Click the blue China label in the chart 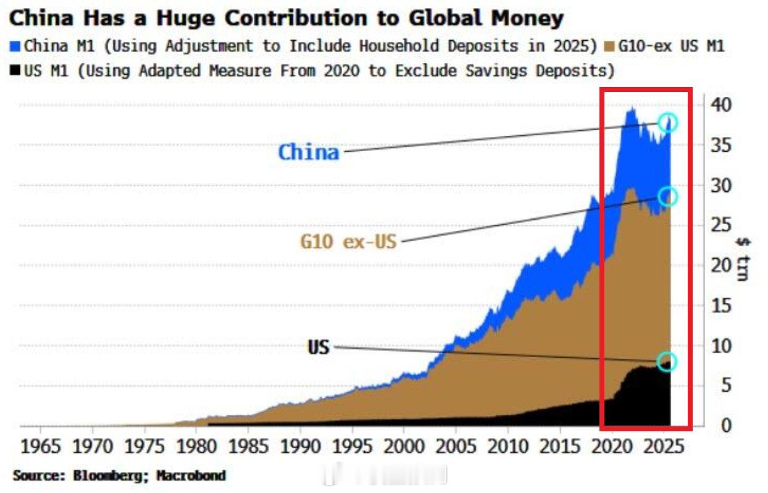[x=309, y=152]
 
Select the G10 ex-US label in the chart [x=348, y=241]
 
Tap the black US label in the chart [x=319, y=347]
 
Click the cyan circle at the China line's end [x=667, y=122]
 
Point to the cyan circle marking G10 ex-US [x=667, y=196]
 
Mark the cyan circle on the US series [x=667, y=361]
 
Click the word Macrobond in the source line [x=191, y=476]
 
